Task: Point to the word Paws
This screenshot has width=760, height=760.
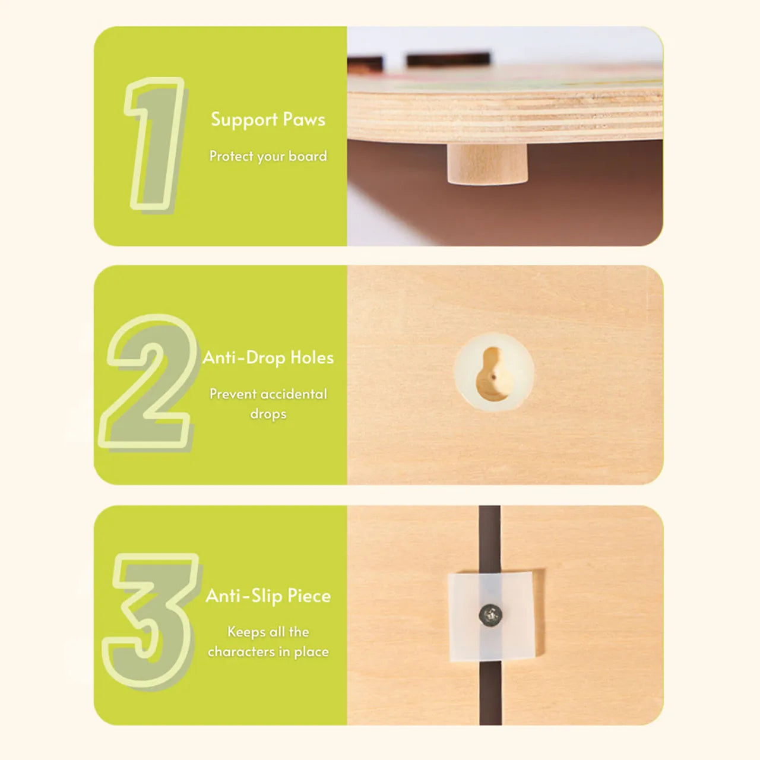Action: (x=304, y=120)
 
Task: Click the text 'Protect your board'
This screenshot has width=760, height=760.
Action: (x=268, y=157)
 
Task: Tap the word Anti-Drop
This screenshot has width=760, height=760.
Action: (x=244, y=358)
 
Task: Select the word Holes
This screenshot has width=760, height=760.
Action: (x=312, y=357)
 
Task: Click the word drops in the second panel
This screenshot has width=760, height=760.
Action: (x=268, y=414)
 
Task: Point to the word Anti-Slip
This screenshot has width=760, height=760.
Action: (x=244, y=596)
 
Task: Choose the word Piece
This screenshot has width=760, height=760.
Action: (x=309, y=596)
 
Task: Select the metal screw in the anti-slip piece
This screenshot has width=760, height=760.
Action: (x=490, y=615)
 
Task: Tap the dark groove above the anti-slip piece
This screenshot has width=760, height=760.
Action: (x=490, y=539)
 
